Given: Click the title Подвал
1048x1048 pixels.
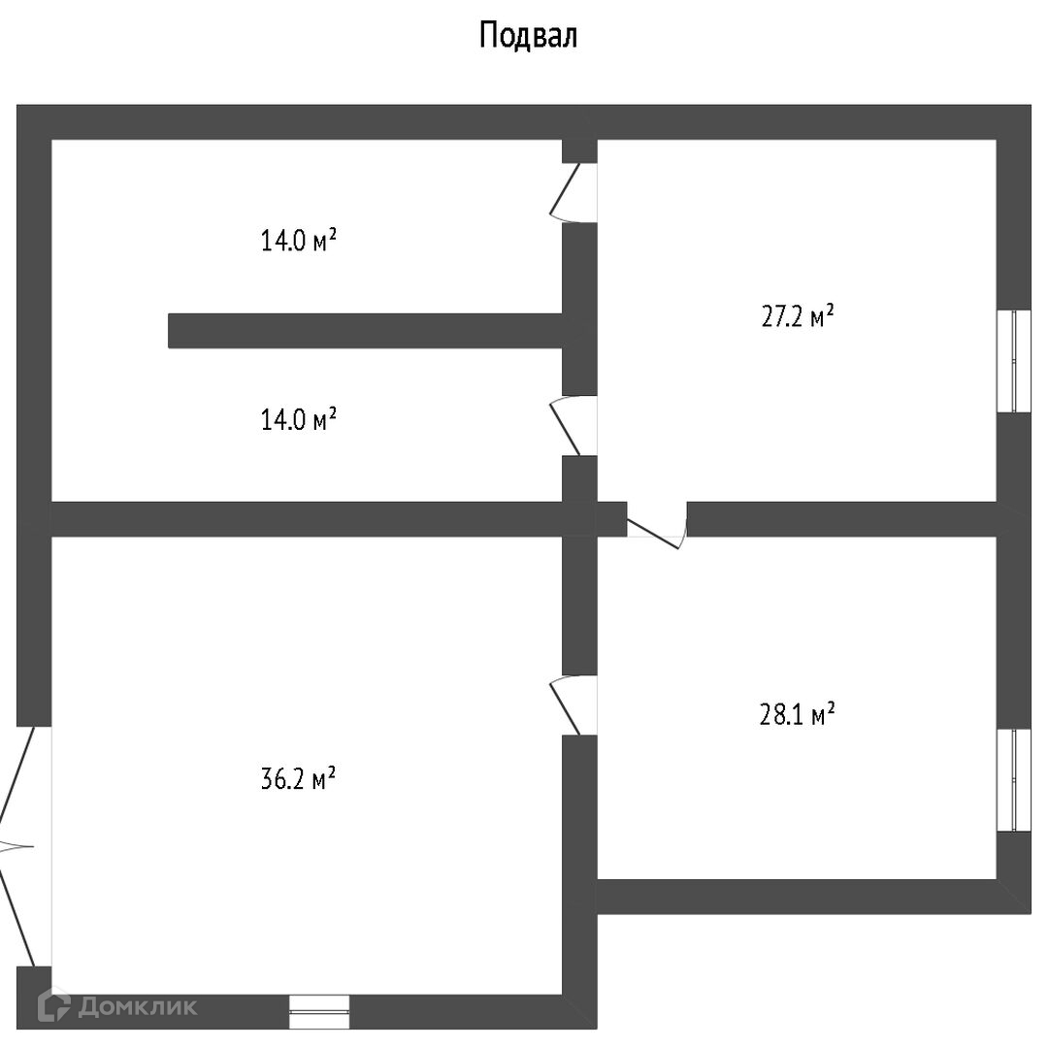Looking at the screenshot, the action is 528,36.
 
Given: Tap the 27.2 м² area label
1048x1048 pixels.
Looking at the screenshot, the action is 798,317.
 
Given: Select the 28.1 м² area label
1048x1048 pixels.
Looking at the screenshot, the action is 796,716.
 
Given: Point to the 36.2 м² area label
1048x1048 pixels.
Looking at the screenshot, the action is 298,779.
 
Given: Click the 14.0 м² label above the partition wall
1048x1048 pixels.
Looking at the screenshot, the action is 298,241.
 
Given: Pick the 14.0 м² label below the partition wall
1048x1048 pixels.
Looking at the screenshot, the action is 298,420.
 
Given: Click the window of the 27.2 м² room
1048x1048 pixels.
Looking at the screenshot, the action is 1015,361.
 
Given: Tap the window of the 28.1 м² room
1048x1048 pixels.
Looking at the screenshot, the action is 1015,780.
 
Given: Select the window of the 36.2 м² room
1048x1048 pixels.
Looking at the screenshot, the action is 319,1011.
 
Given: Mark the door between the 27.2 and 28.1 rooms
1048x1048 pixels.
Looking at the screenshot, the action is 657,524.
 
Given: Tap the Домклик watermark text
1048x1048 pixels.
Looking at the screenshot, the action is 137,1007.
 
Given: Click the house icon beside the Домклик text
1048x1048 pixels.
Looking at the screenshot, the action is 54,1007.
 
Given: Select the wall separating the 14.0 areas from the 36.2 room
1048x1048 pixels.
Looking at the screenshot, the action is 307,519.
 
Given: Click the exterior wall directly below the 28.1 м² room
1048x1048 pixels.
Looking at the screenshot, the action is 796,897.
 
